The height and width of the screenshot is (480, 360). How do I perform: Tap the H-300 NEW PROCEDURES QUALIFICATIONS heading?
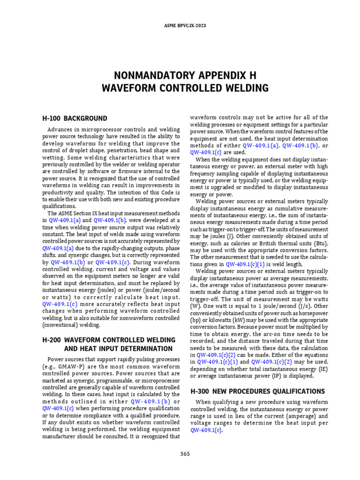coord(257,391)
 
